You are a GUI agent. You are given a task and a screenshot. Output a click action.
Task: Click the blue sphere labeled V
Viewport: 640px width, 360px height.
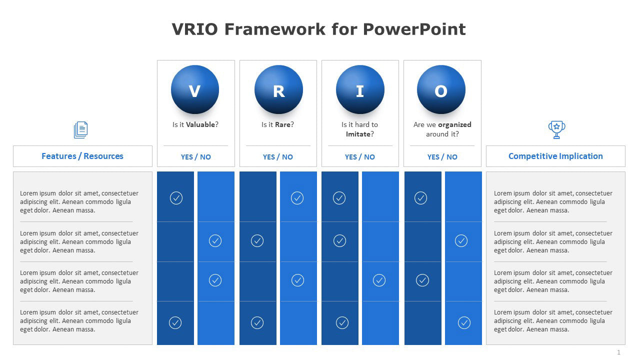click(x=195, y=90)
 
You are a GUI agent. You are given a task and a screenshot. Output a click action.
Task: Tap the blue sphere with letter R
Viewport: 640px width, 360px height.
click(x=278, y=90)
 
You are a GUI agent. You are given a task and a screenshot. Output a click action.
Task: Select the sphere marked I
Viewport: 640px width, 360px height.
click(x=360, y=90)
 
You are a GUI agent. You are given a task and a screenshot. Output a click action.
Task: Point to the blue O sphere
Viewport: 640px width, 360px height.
click(x=441, y=90)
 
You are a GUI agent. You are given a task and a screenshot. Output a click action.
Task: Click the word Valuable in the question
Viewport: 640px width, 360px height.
click(x=200, y=124)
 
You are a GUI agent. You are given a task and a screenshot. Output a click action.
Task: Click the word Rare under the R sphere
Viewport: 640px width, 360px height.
click(x=283, y=124)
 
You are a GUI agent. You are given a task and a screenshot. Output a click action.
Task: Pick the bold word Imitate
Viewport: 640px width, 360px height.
click(x=358, y=134)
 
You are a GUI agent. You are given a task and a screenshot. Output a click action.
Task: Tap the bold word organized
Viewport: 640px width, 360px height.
click(x=454, y=124)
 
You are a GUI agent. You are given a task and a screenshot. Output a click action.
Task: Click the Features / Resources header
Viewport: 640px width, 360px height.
click(x=82, y=156)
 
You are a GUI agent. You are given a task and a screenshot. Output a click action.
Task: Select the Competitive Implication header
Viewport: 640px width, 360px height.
click(x=555, y=156)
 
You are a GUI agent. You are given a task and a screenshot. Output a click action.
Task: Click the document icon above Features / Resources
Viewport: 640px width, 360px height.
click(x=81, y=130)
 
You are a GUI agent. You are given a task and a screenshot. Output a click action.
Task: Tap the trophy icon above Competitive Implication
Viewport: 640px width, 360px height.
click(x=556, y=129)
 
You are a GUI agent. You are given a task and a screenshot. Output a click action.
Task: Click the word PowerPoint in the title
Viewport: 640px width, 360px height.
click(x=414, y=29)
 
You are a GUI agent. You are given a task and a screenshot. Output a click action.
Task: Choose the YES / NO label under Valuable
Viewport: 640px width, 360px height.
click(x=196, y=157)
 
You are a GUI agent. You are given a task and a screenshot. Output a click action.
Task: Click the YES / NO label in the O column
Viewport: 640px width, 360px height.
click(x=442, y=157)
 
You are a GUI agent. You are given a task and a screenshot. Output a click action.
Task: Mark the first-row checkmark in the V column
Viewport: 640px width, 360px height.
click(x=176, y=198)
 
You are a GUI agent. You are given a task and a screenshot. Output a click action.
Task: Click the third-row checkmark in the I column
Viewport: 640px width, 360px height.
click(x=379, y=280)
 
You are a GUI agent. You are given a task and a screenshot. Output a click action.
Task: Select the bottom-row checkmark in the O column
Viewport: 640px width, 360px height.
click(x=464, y=322)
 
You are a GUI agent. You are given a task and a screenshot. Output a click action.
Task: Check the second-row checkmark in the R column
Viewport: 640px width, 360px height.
click(x=257, y=241)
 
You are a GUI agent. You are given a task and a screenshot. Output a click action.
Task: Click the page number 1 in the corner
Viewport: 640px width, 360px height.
click(x=618, y=352)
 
